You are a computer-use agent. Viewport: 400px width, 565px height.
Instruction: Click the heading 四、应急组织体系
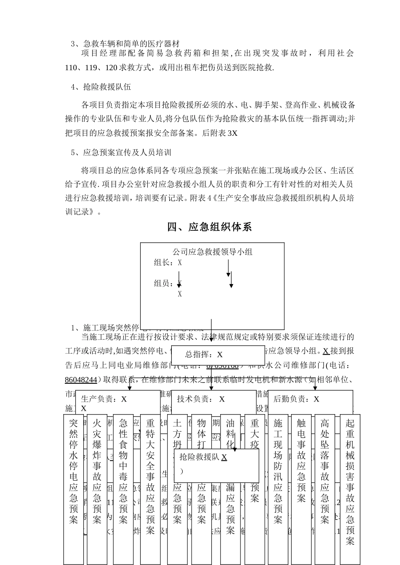(x=209, y=227)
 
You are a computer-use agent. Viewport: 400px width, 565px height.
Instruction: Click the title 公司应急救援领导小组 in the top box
(x=212, y=252)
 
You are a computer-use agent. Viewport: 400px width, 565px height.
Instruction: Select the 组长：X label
(x=168, y=263)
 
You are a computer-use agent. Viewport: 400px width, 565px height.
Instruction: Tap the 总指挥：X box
(x=204, y=354)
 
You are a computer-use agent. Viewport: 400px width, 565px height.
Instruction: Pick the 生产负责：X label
(x=104, y=399)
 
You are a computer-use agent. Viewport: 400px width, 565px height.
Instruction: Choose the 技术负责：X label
(x=201, y=399)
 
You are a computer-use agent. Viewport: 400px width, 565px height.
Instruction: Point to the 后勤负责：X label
(x=296, y=399)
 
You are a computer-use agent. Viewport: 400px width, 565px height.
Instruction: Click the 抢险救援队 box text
(x=203, y=457)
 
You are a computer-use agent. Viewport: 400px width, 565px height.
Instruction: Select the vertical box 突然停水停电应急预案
(x=74, y=471)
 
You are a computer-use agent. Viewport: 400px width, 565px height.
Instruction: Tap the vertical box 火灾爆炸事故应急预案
(x=97, y=471)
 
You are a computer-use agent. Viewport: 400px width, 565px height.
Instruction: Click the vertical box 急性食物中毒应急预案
(x=123, y=471)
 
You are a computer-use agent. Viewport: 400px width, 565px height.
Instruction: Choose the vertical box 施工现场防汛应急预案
(x=278, y=471)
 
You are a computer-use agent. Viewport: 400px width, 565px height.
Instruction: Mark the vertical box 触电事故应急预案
(x=301, y=460)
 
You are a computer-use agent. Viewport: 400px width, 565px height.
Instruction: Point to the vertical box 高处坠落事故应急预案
(x=325, y=471)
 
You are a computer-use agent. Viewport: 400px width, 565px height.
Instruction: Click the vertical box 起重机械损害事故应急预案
(x=350, y=482)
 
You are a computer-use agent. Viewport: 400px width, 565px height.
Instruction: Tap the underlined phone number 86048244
(x=81, y=380)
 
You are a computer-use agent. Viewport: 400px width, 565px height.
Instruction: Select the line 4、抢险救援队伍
(x=101, y=87)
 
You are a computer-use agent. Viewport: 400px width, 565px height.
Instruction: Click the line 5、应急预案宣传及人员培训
(x=121, y=152)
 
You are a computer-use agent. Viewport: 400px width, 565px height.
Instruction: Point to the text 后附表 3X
(x=220, y=133)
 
